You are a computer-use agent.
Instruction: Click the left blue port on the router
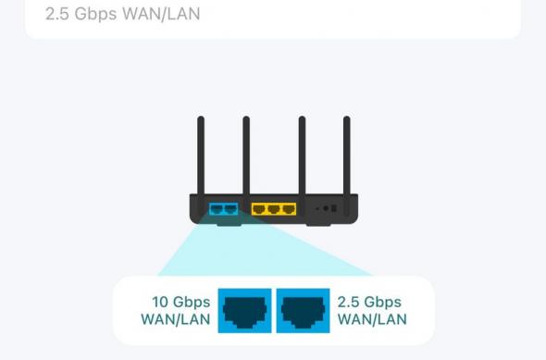coord(217,209)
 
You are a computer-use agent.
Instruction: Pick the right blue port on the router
coord(230,209)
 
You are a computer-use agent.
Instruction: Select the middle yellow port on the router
coord(273,209)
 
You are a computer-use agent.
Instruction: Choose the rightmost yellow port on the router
coord(288,209)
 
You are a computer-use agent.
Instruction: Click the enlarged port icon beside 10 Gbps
coord(245,310)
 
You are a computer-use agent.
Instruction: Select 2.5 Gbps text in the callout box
coord(370,302)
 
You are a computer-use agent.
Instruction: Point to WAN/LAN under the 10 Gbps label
coord(175,320)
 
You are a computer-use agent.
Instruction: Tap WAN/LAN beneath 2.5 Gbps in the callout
coord(372,320)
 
